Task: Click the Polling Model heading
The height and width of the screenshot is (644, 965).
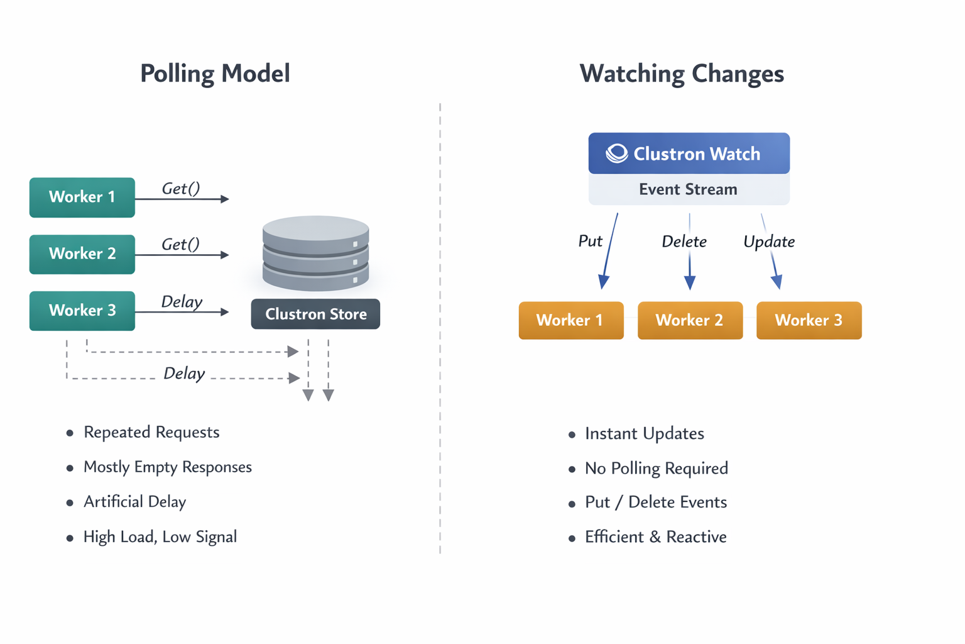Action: tap(215, 74)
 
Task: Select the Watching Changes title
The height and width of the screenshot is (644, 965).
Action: tap(682, 74)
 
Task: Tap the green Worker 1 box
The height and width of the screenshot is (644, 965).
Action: tap(82, 197)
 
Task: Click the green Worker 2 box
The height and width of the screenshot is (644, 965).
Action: tap(82, 254)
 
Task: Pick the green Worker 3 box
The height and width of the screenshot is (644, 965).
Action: tap(82, 311)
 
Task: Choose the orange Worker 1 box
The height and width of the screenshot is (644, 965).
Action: tap(570, 321)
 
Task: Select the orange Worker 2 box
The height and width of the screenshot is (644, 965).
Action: tap(690, 321)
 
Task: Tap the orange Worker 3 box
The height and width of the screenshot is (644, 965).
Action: tap(809, 321)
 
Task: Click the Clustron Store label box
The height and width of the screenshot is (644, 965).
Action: tap(315, 314)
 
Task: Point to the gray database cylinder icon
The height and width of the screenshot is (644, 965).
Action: tap(315, 253)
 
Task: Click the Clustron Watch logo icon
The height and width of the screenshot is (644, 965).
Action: tap(616, 153)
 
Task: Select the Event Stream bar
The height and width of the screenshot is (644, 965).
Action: tap(689, 189)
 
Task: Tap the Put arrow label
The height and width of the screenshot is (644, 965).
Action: tap(590, 241)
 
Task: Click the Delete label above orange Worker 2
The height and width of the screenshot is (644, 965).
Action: tap(684, 241)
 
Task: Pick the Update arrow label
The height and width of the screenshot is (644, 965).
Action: tap(769, 241)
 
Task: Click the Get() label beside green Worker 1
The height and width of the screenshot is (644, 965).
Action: tap(181, 188)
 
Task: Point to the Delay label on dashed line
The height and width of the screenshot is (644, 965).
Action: tap(184, 374)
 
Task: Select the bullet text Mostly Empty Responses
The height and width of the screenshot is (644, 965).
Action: tap(168, 467)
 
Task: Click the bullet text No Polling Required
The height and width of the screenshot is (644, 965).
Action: tap(657, 469)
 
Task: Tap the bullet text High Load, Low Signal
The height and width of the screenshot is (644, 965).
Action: tap(160, 537)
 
